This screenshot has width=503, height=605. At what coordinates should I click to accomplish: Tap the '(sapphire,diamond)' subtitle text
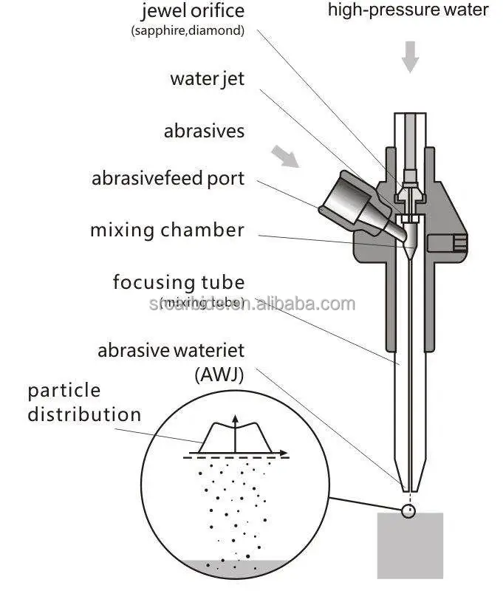pyautogui.click(x=188, y=31)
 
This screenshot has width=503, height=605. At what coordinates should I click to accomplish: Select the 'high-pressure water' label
pyautogui.click(x=408, y=10)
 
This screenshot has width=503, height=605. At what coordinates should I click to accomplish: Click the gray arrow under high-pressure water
pyautogui.click(x=409, y=57)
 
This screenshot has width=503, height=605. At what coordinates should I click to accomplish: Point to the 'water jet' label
pyautogui.click(x=207, y=78)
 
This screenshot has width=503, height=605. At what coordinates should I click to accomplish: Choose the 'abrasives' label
pyautogui.click(x=204, y=131)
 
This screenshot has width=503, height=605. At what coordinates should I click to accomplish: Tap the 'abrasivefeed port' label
pyautogui.click(x=168, y=179)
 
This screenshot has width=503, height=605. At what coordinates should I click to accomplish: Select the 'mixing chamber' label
pyautogui.click(x=167, y=230)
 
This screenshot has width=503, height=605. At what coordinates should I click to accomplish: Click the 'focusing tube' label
pyautogui.click(x=178, y=282)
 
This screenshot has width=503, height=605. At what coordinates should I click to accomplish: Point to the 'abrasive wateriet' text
pyautogui.click(x=171, y=350)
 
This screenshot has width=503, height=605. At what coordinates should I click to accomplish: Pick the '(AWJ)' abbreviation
pyautogui.click(x=219, y=374)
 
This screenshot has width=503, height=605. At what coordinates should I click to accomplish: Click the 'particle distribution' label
pyautogui.click(x=84, y=403)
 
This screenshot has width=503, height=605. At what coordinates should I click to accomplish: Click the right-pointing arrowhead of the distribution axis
pyautogui.click(x=284, y=451)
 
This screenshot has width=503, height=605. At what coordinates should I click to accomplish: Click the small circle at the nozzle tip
pyautogui.click(x=408, y=510)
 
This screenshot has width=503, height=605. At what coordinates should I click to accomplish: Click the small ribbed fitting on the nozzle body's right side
pyautogui.click(x=457, y=241)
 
